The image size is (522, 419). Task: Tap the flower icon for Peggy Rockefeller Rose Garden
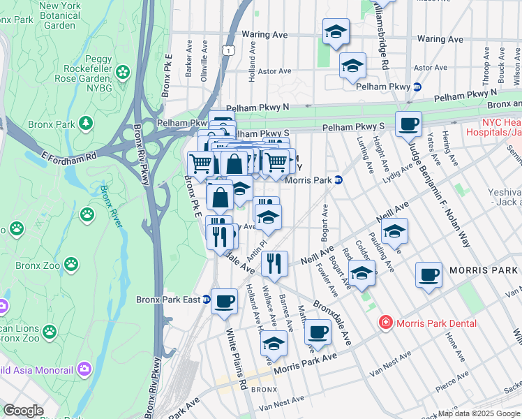click(123, 71)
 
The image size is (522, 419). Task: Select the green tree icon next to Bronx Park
click(86, 124)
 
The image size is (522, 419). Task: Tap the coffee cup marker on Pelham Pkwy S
click(409, 124)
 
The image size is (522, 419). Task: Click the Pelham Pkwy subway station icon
click(417, 87)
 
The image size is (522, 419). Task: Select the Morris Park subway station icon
click(338, 179)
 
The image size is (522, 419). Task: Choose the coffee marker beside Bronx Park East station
click(224, 301)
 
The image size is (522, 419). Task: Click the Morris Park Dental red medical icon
click(384, 323)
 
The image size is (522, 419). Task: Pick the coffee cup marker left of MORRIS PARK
click(428, 274)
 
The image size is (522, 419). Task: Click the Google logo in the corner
click(24, 411)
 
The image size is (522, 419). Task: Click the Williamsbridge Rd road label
click(380, 31)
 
